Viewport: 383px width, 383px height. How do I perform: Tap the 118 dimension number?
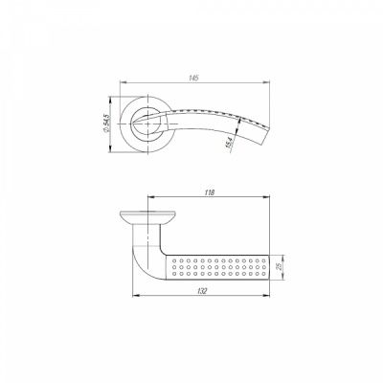click(x=205, y=191)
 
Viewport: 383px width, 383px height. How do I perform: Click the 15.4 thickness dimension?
click(x=228, y=142)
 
